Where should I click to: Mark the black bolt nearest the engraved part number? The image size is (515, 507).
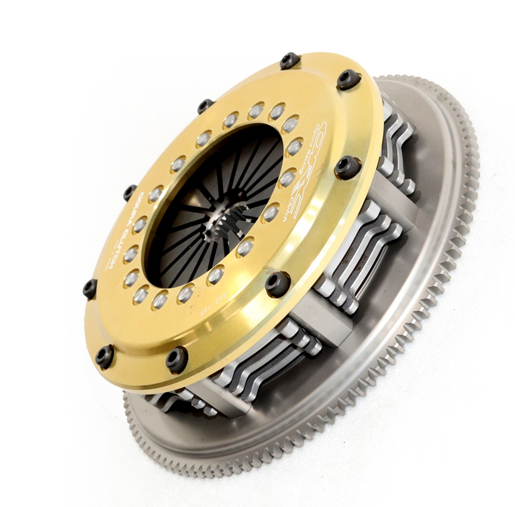[177, 359]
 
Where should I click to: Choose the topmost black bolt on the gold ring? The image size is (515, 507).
[289, 61]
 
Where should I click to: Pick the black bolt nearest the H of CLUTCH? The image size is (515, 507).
[90, 288]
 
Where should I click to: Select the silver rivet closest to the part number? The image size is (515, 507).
[185, 293]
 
